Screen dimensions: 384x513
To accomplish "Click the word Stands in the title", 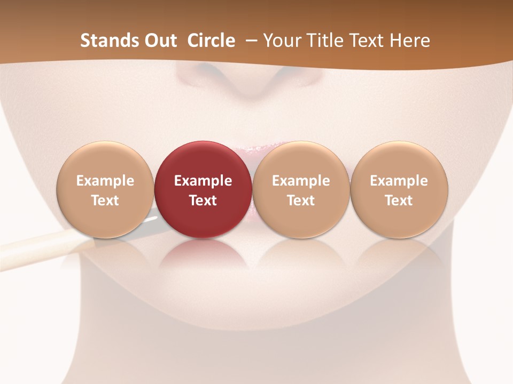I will click(102, 41).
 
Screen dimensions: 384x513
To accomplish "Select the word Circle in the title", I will click(211, 41).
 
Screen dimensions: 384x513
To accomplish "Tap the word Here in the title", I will click(411, 41).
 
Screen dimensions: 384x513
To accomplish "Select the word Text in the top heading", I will click(367, 41).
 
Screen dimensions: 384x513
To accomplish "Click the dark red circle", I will click(203, 160).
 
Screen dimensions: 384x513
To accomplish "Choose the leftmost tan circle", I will click(105, 160).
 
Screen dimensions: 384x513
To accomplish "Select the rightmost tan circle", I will click(399, 160).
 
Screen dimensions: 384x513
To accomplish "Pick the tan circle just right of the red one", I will click(301, 160).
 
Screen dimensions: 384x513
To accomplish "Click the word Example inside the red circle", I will click(203, 181).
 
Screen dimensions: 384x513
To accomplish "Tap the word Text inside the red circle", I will click(203, 201).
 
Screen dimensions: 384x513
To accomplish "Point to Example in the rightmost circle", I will click(399, 181).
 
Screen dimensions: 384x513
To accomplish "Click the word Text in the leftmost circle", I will click(105, 201).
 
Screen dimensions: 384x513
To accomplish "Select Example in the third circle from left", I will click(301, 181).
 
